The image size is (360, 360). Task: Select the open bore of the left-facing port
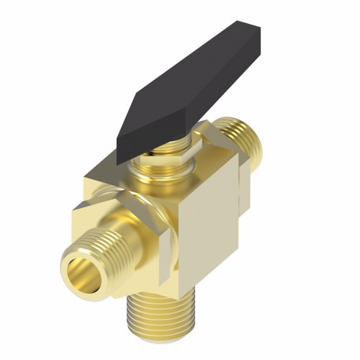point(83,269)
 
